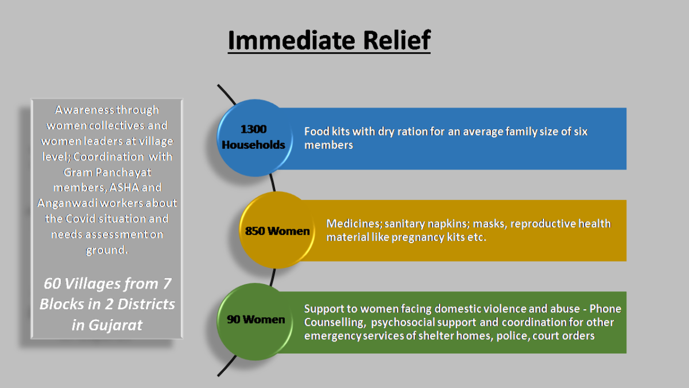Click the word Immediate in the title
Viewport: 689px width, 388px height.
click(x=292, y=40)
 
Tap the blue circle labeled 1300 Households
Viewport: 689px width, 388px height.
click(x=254, y=137)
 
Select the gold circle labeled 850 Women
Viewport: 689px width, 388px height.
click(x=277, y=230)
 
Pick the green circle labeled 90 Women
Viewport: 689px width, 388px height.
click(x=255, y=321)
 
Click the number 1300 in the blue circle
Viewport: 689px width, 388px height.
click(x=253, y=129)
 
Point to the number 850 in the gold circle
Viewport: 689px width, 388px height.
click(x=255, y=231)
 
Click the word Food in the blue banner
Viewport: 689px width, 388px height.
click(x=316, y=132)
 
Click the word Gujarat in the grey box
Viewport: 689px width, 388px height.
click(x=115, y=325)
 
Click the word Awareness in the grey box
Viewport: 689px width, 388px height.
click(x=85, y=110)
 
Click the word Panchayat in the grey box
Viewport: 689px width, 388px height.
click(x=123, y=172)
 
